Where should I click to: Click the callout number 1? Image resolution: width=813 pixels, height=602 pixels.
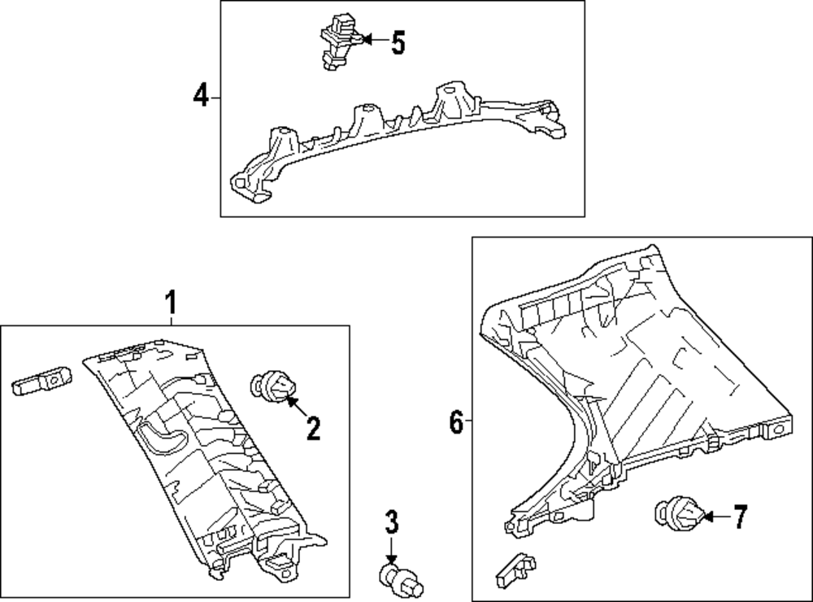click(x=171, y=303)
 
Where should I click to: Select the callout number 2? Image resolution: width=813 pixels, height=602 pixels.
click(x=313, y=429)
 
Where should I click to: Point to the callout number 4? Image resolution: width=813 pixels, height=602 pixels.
click(x=201, y=96)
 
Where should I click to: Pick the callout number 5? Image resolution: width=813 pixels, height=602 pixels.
click(x=398, y=42)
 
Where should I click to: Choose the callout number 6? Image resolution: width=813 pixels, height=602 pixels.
click(x=456, y=421)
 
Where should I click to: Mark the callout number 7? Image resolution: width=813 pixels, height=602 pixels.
click(x=740, y=517)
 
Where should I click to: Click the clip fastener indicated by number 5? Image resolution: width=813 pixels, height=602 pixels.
click(x=339, y=41)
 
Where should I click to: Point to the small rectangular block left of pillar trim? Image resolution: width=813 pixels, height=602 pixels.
click(x=42, y=382)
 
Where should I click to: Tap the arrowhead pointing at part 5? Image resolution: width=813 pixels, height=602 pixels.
click(x=366, y=39)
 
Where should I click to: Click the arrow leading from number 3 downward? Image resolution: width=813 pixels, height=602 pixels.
click(x=391, y=550)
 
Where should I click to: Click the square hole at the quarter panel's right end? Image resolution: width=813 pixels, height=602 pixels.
click(x=777, y=430)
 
